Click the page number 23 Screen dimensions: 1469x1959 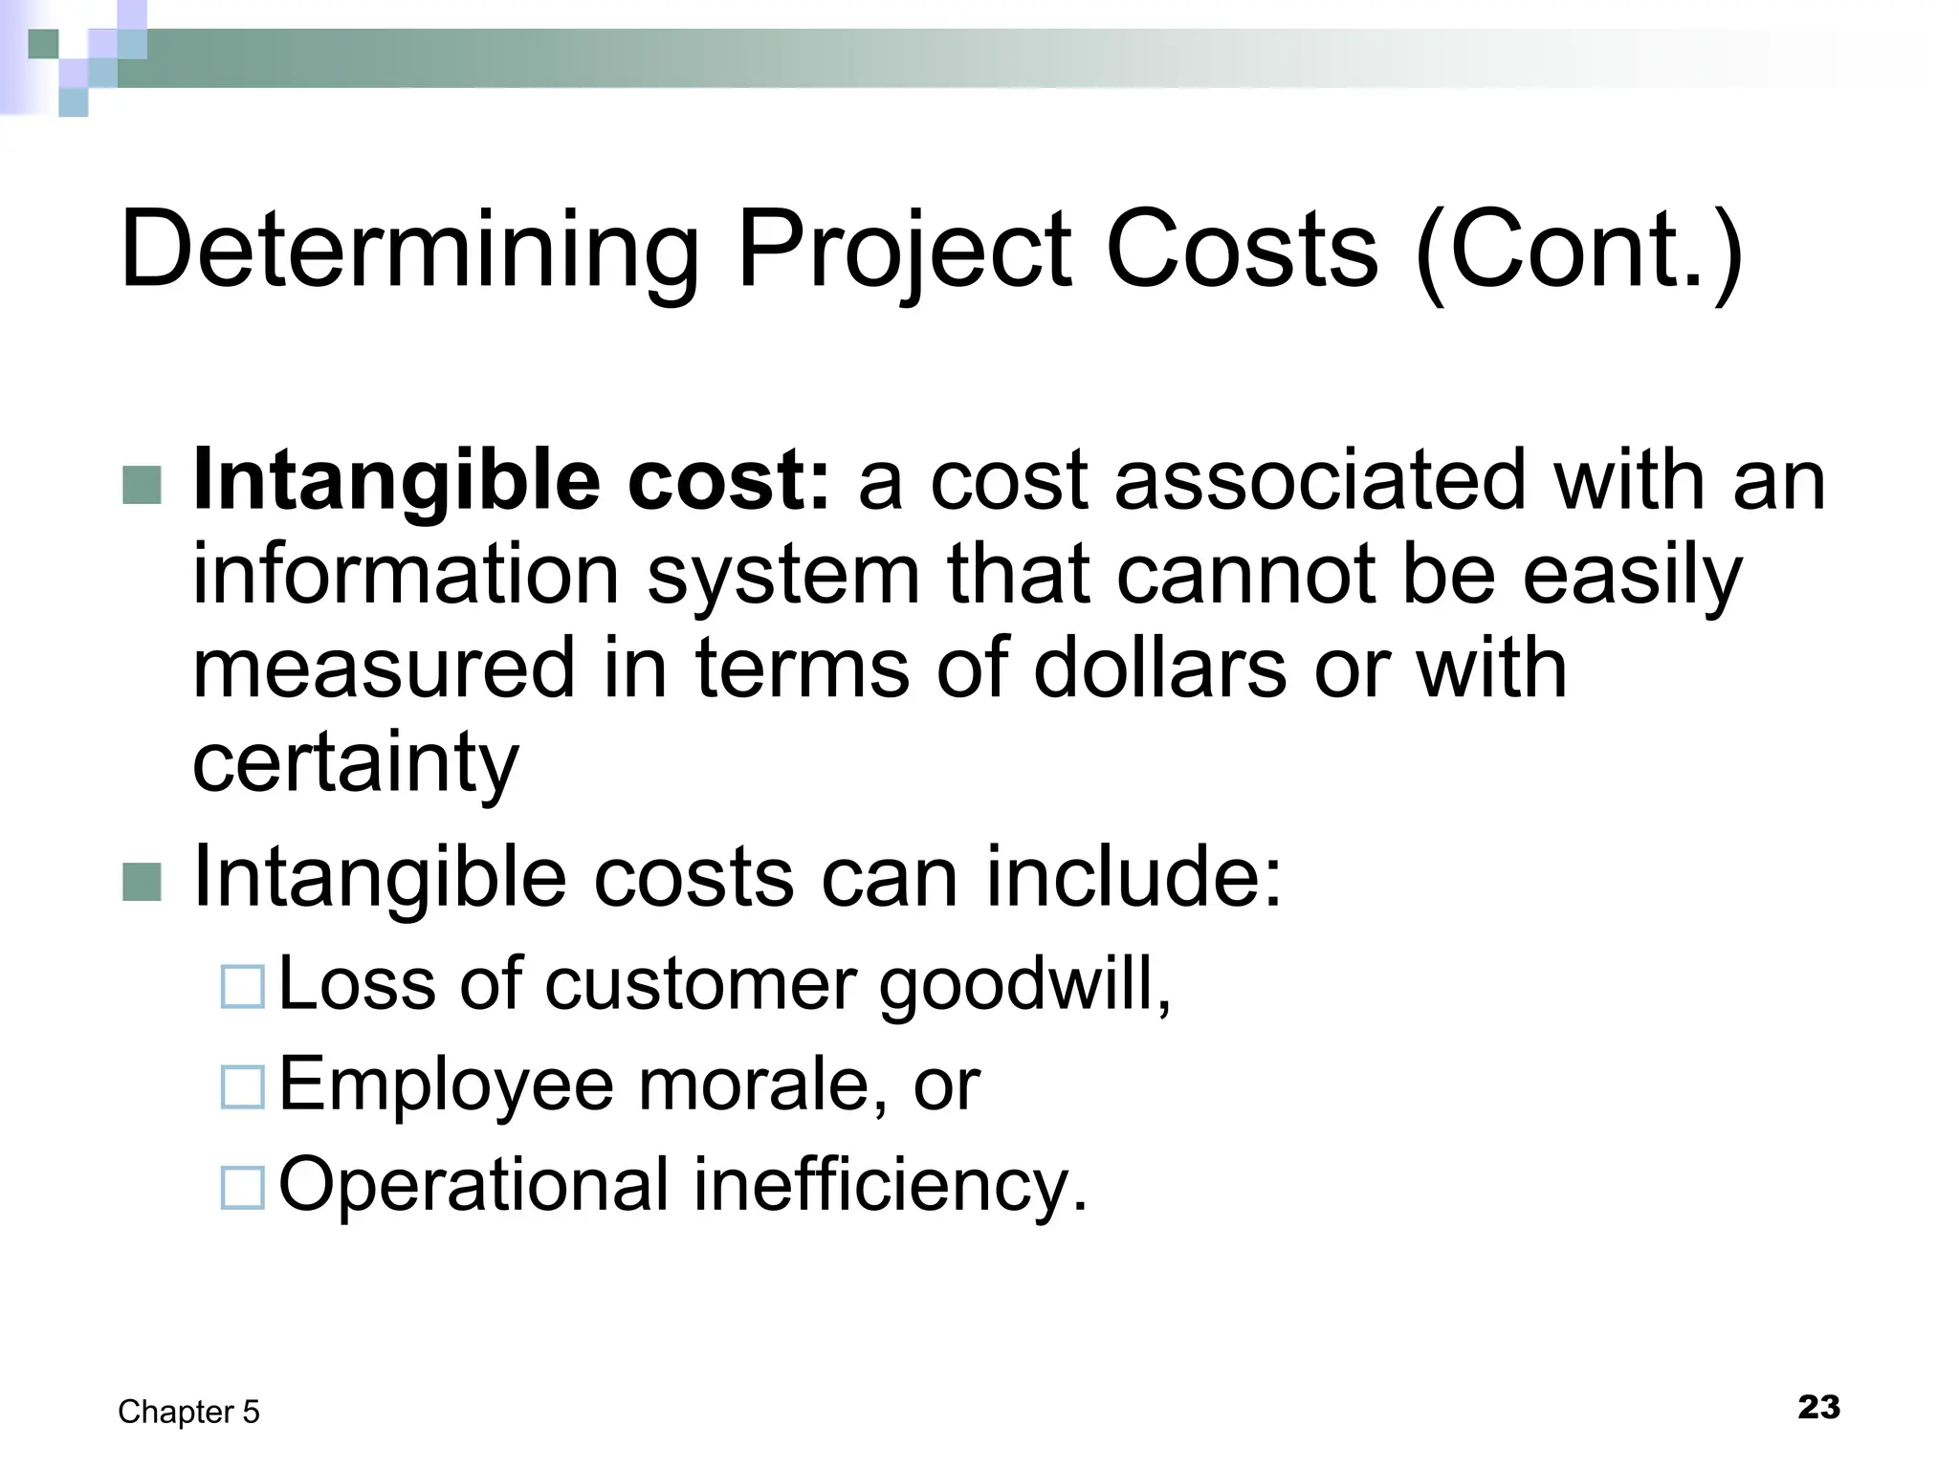[1818, 1407]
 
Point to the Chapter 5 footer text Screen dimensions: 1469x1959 [188, 1412]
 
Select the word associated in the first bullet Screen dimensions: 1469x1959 [1320, 481]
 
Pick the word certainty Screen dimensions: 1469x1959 [355, 762]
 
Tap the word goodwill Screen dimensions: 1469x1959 [1024, 984]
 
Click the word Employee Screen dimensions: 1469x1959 [446, 1085]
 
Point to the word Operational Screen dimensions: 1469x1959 [473, 1184]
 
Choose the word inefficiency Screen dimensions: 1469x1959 [891, 1184]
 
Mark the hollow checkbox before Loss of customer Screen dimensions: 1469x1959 [242, 987]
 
